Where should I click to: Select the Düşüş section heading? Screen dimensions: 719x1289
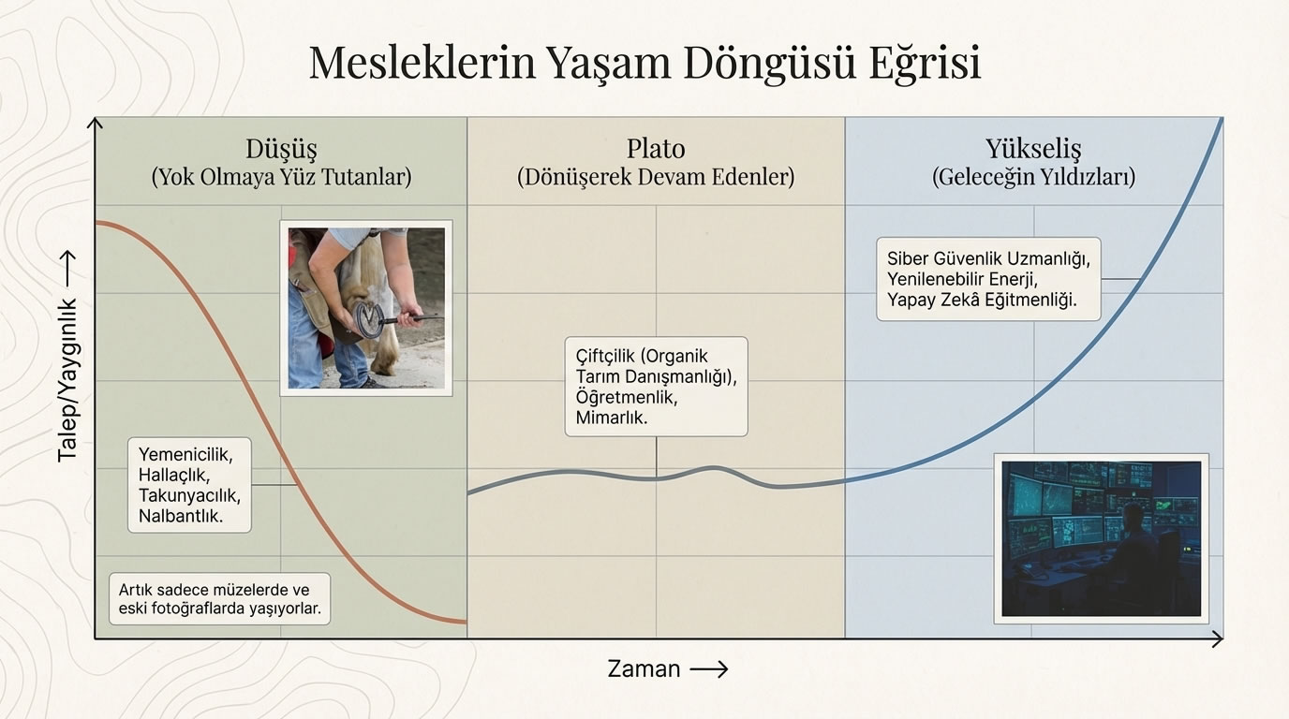[x=281, y=148]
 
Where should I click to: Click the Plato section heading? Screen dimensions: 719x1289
[x=656, y=148]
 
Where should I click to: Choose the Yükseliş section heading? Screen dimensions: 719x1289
[x=1033, y=148]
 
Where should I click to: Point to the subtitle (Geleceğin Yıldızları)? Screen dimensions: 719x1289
[x=1033, y=177]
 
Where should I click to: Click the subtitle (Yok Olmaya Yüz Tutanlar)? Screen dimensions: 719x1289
[x=281, y=177]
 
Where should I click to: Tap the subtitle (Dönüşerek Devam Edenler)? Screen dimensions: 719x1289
[x=656, y=177]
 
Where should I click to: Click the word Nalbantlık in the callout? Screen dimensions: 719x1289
[x=181, y=515]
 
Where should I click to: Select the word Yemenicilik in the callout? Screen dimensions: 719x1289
[x=184, y=454]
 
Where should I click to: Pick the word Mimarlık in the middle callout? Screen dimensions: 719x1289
[x=611, y=418]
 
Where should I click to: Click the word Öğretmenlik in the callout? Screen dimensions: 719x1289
[x=626, y=397]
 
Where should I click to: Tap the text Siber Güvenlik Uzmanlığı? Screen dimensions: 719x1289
[x=988, y=257]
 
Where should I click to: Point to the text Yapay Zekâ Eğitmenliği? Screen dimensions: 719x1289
[x=982, y=300]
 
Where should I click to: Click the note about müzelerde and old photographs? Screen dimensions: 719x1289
[x=219, y=599]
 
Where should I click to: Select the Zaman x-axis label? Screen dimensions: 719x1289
[x=644, y=668]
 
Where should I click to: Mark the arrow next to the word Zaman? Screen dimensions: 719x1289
[x=708, y=668]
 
